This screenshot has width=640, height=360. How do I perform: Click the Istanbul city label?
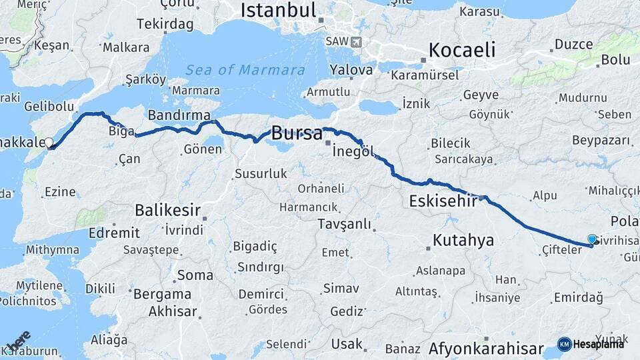(x=278, y=10)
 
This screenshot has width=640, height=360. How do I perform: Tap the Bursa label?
(x=297, y=132)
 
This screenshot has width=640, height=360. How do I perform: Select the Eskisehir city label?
(x=442, y=200)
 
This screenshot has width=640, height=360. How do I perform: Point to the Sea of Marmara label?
(x=245, y=70)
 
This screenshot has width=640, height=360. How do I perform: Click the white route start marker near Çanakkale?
(x=49, y=143)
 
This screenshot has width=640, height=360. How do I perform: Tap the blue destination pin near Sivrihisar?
(x=592, y=239)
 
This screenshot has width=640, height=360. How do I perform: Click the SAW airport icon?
(x=356, y=41)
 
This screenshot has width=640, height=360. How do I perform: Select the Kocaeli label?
(x=462, y=50)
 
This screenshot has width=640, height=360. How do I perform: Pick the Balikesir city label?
(x=167, y=210)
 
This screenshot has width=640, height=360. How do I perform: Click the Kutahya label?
(x=463, y=240)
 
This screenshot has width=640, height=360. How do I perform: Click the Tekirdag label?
(x=165, y=24)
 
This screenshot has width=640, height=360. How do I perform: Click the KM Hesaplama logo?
(x=591, y=344)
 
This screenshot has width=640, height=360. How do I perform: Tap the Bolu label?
(x=615, y=59)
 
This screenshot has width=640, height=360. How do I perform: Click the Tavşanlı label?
(x=344, y=223)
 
